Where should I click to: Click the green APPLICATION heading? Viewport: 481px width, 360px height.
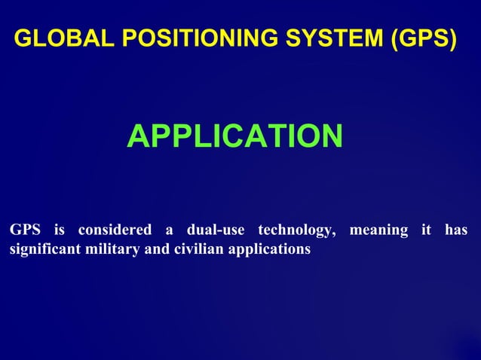(234, 136)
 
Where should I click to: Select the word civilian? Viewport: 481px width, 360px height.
(194, 249)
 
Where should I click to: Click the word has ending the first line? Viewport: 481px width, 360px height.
(456, 230)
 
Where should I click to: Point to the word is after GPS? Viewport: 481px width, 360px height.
(60, 230)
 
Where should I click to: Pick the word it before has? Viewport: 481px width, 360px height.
(426, 230)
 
